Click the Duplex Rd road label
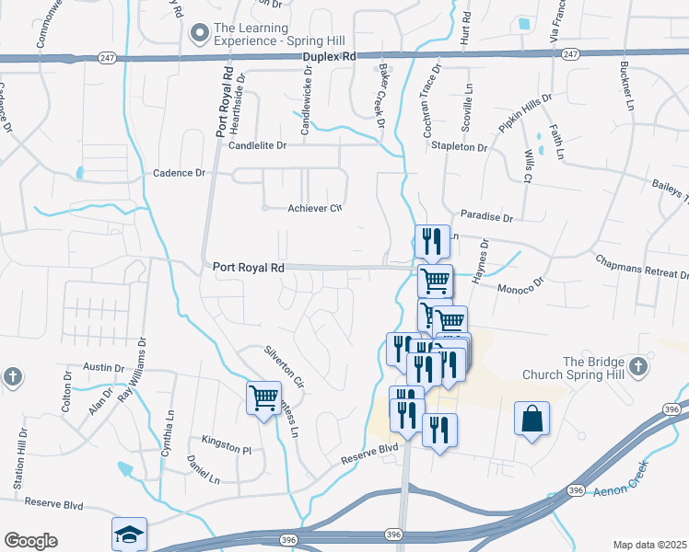click(330, 57)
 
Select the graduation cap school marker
click(129, 534)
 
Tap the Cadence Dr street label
click(180, 173)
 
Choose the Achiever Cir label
click(315, 209)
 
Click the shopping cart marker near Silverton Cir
click(263, 398)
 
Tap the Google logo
click(30, 541)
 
